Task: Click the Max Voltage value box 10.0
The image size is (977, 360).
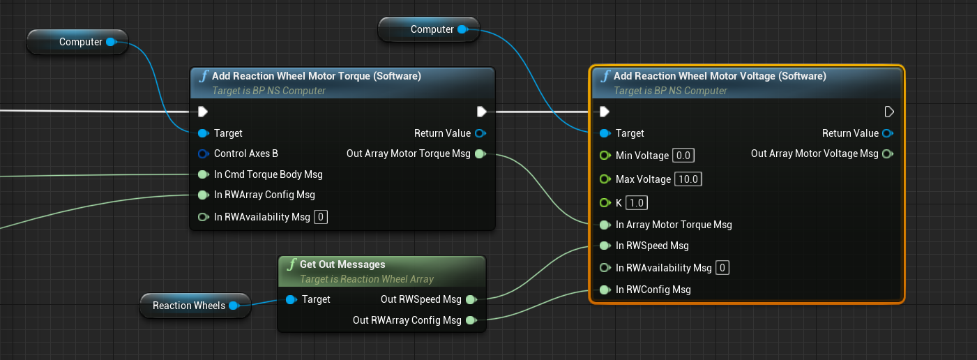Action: [688, 179]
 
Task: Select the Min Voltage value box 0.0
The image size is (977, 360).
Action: [684, 156]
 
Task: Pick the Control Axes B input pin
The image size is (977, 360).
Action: [203, 153]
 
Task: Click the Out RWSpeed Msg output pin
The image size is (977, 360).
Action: [471, 299]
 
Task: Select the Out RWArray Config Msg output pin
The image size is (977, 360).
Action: [471, 320]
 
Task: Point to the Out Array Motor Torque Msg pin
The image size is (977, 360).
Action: [480, 153]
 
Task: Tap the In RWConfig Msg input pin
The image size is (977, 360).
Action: [605, 290]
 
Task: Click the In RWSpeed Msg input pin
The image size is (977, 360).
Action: [605, 246]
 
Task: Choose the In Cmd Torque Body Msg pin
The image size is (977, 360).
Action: [203, 174]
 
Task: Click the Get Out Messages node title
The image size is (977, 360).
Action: [342, 264]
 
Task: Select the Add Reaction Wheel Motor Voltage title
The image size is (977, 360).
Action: [719, 76]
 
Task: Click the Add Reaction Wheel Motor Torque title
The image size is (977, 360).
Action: [316, 76]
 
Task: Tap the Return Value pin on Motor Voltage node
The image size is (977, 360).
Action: [888, 133]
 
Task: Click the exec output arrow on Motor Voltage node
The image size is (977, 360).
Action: [888, 112]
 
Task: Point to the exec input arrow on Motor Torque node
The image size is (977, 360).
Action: [203, 112]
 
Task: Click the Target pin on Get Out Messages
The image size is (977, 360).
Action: [291, 299]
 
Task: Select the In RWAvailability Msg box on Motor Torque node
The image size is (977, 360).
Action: [321, 217]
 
